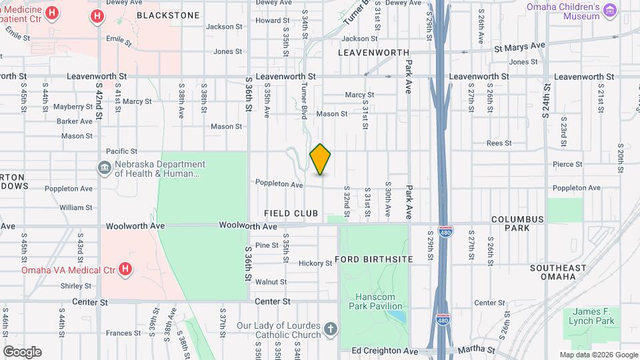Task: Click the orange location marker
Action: (x=321, y=159)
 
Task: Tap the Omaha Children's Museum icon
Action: (x=610, y=9)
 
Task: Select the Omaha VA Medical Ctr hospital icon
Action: (x=125, y=270)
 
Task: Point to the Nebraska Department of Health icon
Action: (x=105, y=168)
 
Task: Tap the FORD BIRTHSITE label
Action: (x=374, y=259)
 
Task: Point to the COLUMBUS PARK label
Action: (x=517, y=223)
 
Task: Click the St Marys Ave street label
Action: (x=519, y=45)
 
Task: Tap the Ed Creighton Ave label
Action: (x=385, y=351)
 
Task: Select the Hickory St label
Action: (x=315, y=263)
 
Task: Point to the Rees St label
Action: (x=498, y=143)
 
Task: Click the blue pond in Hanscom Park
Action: (x=396, y=315)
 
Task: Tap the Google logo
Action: (x=22, y=351)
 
